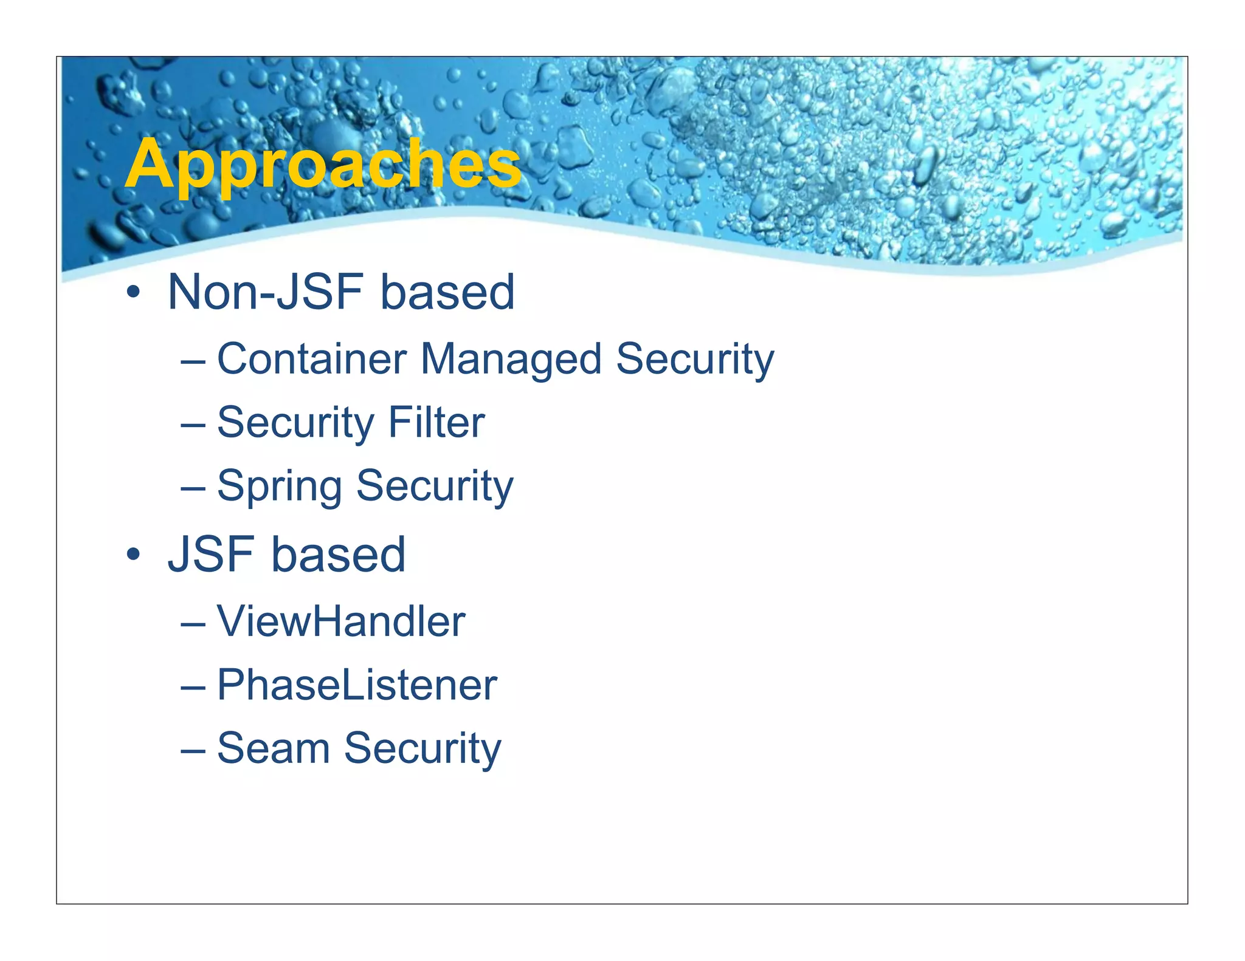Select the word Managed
pos(511,360)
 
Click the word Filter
pos(436,422)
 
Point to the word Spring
pos(279,487)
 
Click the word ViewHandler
pos(340,621)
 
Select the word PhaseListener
pos(357,685)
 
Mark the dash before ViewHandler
pos(193,623)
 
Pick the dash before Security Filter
pos(193,424)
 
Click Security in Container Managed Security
pos(695,360)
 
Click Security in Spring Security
pos(435,487)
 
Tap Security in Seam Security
pos(422,749)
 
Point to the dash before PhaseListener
pos(193,686)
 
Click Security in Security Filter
pos(296,423)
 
